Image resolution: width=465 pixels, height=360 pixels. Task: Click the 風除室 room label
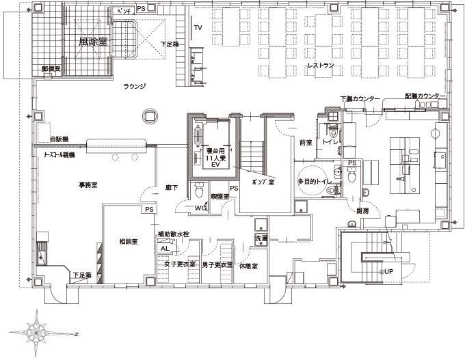coord(94,41)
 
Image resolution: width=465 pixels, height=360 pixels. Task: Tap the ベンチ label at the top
coord(124,12)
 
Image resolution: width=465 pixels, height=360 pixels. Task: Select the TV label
coord(198,28)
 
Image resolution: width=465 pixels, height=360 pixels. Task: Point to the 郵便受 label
coord(51,69)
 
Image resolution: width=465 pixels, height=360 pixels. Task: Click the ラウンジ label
coord(135,86)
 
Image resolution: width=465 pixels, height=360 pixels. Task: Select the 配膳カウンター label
coord(425,96)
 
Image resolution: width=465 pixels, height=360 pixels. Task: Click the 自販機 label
coord(59,139)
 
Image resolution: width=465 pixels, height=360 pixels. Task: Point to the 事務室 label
coord(87,185)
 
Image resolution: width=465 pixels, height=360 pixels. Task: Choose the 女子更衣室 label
coord(180,264)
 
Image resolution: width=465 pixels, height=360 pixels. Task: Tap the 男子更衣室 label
coord(217,264)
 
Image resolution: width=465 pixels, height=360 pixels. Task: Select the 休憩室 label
coord(248,265)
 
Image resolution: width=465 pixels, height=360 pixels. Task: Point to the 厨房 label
coord(362,211)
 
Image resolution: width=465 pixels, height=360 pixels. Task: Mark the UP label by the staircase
coord(388,271)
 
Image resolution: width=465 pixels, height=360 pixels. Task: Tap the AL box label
coord(164,248)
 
